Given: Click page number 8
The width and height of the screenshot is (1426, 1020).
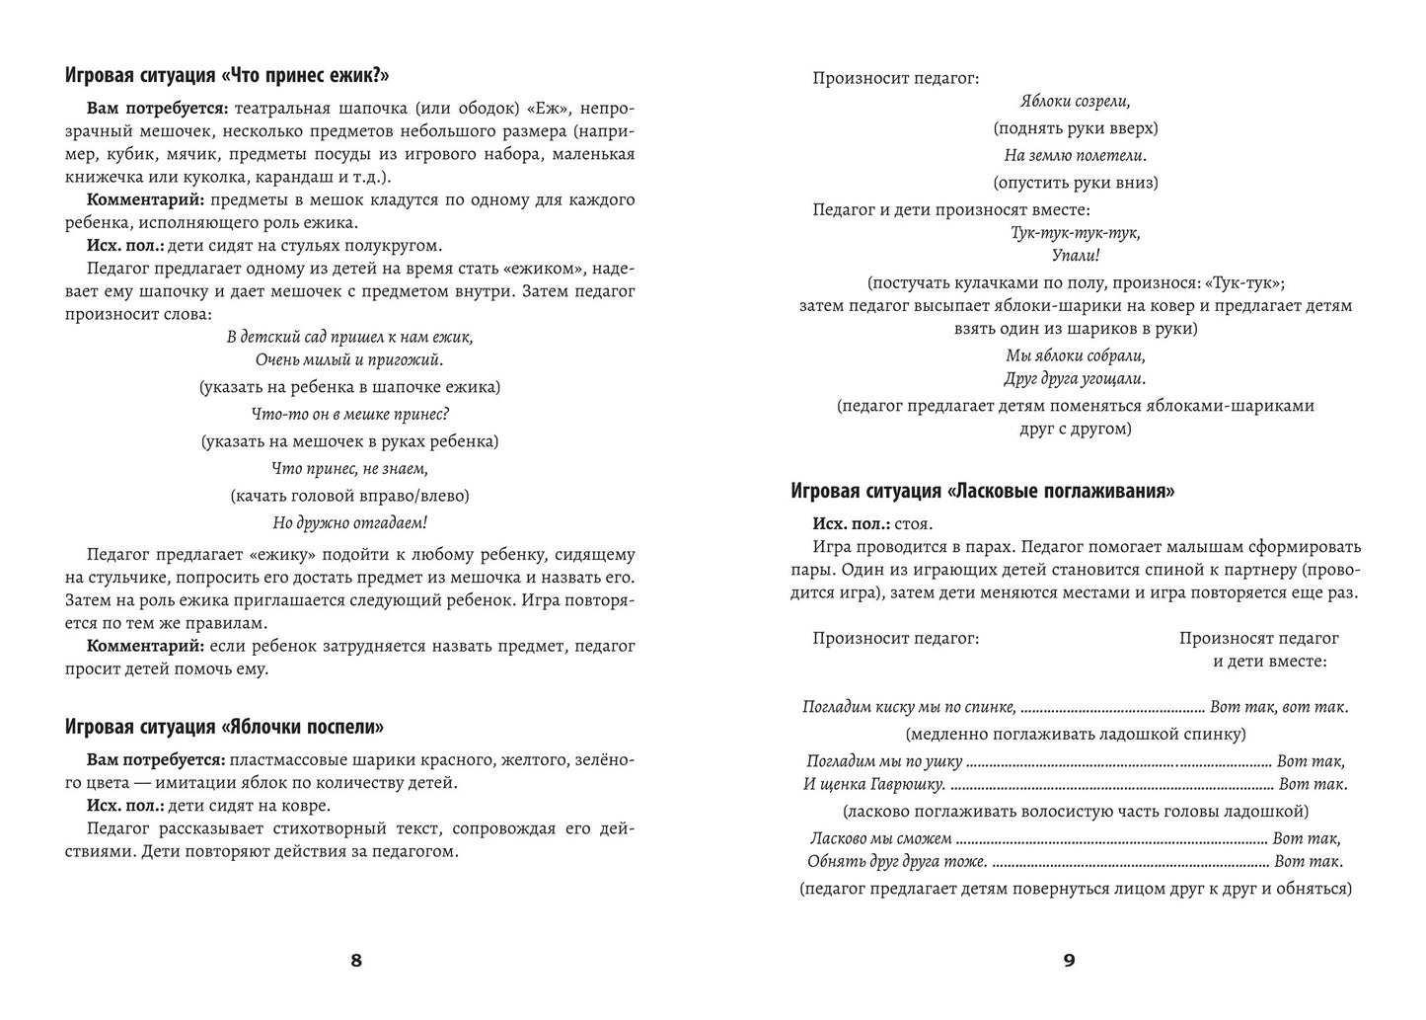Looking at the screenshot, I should (x=356, y=960).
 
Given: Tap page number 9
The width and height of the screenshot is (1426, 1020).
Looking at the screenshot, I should (x=1069, y=960).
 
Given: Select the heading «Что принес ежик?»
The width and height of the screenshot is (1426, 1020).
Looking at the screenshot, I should (x=227, y=76).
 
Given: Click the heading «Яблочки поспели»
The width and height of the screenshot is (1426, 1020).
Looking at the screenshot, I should (x=224, y=727).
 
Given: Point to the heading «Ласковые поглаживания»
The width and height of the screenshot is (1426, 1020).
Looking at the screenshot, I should (x=983, y=491).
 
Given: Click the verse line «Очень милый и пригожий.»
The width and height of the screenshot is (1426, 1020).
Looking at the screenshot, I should (x=349, y=360).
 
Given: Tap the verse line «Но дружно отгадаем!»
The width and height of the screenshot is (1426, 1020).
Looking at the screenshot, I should (x=349, y=522).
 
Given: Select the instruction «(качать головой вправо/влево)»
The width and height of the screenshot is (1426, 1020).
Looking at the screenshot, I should (x=349, y=496).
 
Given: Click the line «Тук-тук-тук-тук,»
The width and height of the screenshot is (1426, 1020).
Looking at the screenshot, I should (x=1075, y=233).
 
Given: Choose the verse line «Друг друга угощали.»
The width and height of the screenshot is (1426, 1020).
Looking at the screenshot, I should (x=1075, y=378).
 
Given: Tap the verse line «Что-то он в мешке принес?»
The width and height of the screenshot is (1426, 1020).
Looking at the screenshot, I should (x=349, y=415).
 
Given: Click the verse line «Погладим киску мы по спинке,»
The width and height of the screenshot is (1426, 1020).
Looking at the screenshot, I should (x=909, y=707).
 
